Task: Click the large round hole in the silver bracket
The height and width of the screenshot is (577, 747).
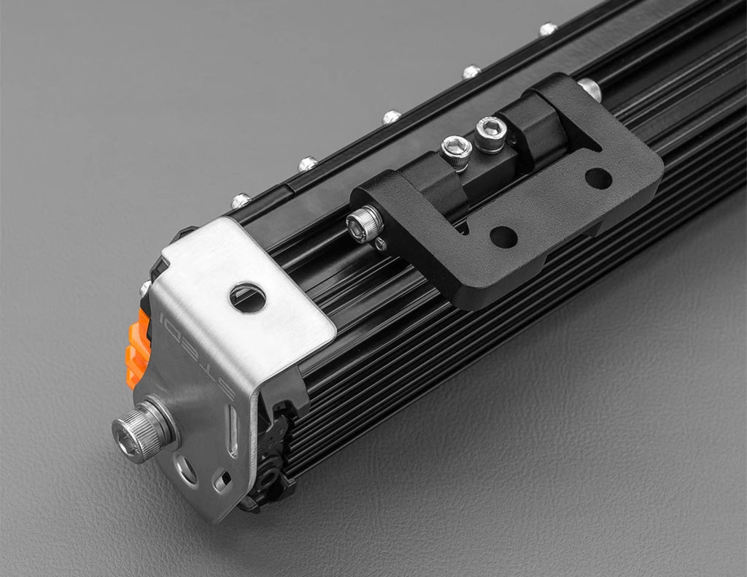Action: [248, 297]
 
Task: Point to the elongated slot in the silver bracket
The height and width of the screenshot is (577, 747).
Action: [233, 431]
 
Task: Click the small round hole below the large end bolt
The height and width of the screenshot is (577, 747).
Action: [186, 469]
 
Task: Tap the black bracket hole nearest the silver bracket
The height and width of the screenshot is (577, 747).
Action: [504, 237]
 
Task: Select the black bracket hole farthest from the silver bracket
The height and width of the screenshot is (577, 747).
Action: [598, 178]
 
